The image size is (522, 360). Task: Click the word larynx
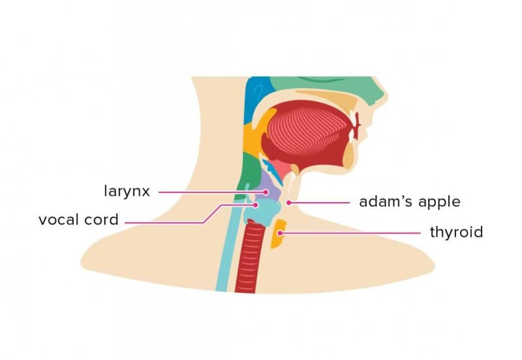point(127,192)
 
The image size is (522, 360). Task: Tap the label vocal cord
point(78,220)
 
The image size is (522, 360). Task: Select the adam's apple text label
point(410,202)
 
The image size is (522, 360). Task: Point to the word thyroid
point(456,232)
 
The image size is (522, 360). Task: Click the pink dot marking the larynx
point(266,192)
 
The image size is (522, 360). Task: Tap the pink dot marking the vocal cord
point(255,205)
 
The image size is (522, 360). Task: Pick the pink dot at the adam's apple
point(289,202)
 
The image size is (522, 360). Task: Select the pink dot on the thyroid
point(281,233)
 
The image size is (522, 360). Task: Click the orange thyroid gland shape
point(278,234)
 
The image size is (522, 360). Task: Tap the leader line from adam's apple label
point(319,202)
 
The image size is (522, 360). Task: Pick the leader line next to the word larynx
point(212,192)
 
